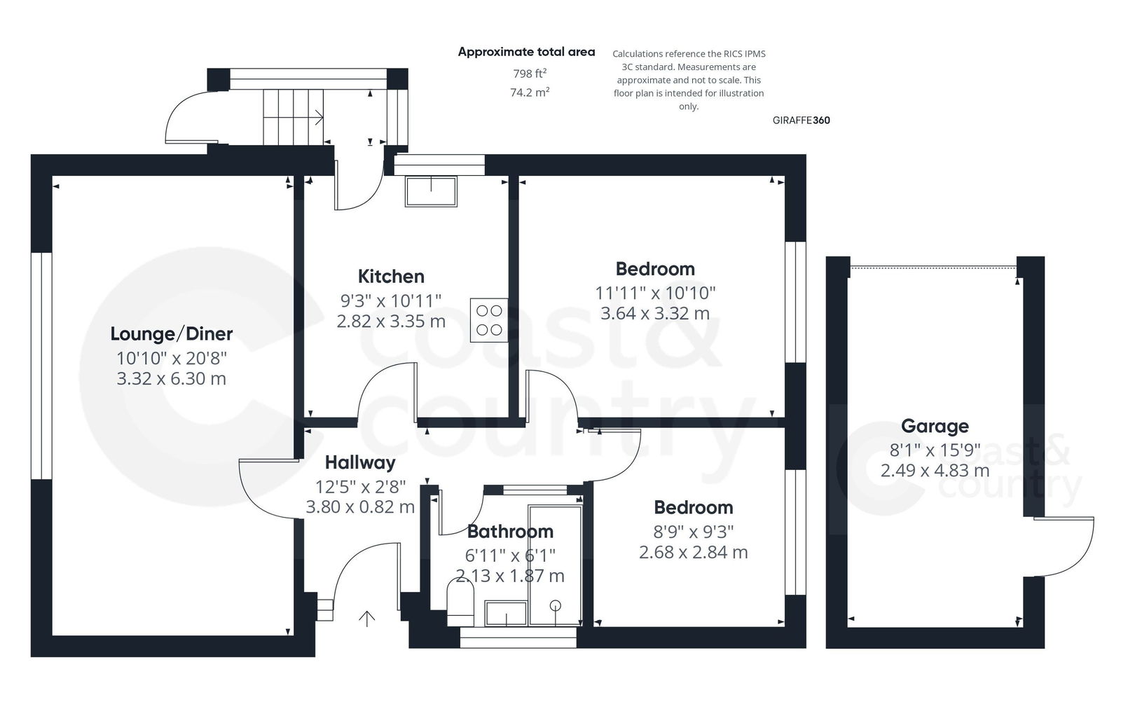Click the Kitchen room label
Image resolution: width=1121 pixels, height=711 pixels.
391,276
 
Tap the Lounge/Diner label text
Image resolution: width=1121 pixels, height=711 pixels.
172,333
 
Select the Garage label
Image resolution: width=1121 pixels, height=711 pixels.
935,426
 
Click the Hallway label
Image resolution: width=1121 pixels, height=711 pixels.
360,462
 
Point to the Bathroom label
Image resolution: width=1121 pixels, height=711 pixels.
510,532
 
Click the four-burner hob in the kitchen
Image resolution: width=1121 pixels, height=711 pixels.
489,319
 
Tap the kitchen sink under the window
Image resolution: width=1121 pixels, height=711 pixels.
431,191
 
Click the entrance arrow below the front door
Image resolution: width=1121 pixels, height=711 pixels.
366,618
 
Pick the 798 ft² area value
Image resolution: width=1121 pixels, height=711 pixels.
530,74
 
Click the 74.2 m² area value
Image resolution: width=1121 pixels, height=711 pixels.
530,92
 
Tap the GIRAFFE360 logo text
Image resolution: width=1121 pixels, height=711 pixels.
801,120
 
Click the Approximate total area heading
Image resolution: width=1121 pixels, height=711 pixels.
526,52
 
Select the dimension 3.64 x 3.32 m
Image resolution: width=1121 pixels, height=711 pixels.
654,313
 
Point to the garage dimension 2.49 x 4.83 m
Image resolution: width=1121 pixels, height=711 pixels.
935,470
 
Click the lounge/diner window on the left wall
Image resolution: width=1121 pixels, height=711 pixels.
42,365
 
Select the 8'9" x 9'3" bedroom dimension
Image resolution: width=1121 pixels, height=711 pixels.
693,531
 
